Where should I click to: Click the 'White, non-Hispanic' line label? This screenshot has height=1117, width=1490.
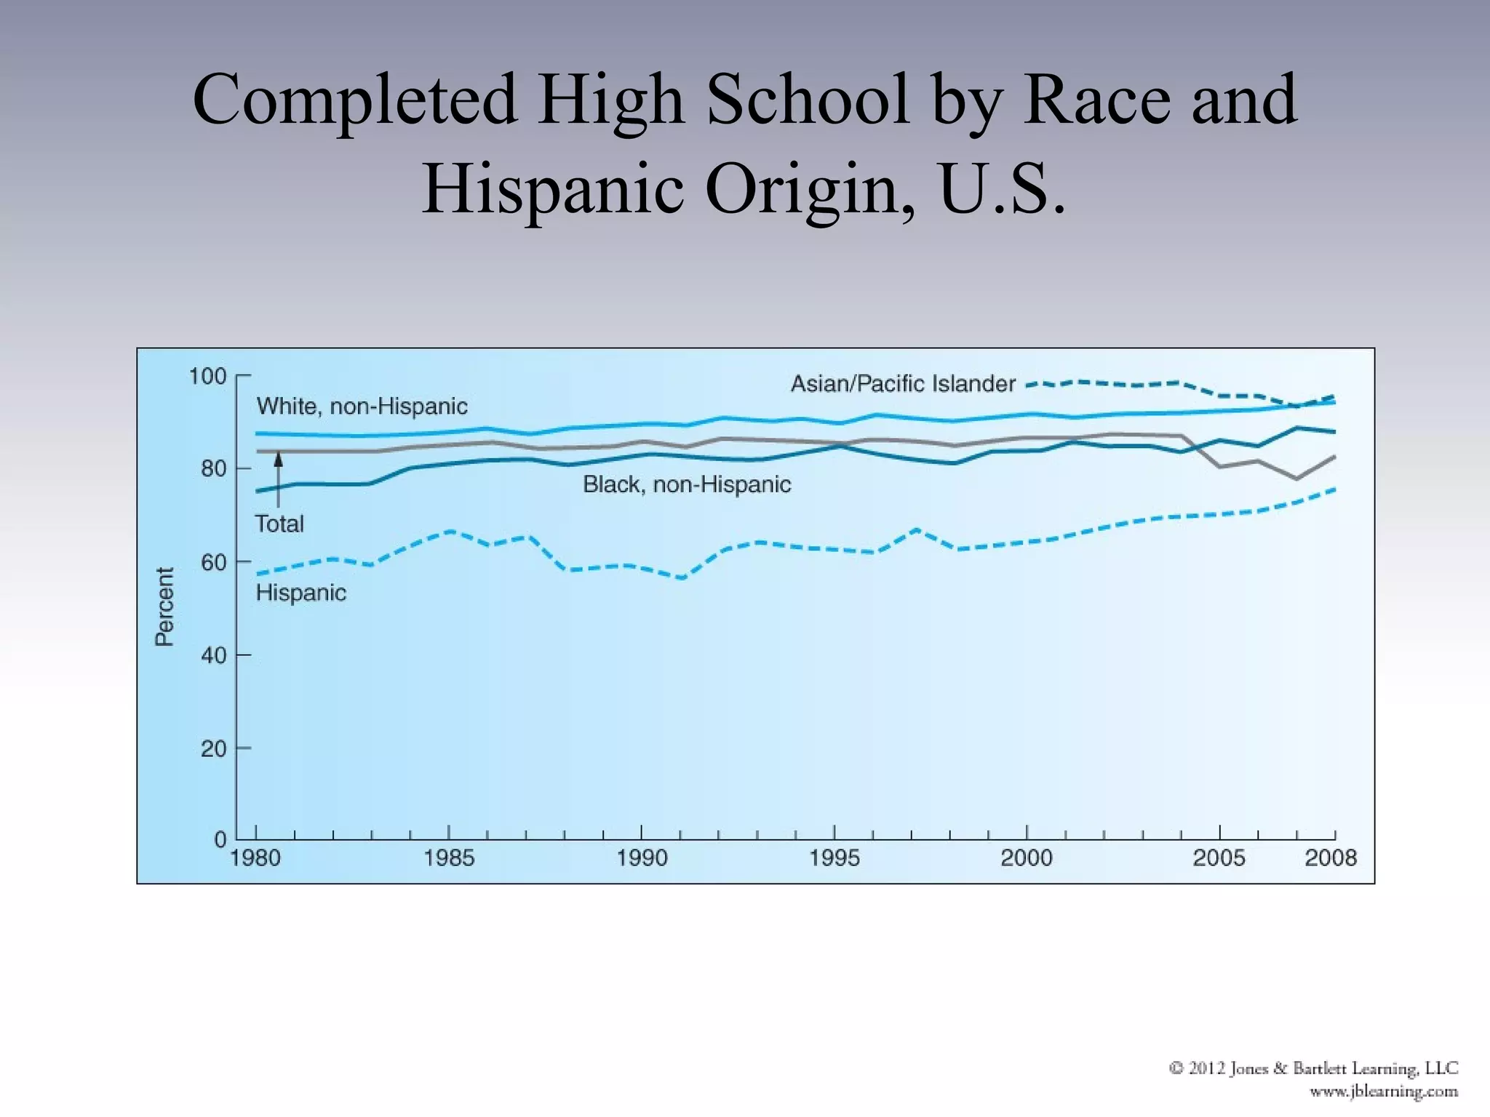pos(362,407)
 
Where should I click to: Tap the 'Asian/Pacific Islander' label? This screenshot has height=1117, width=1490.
pos(902,384)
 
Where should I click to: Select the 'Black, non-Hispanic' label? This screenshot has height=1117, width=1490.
pos(686,484)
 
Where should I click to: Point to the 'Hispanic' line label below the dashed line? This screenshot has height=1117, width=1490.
pos(300,593)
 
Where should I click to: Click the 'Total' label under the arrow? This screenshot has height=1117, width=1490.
pos(279,524)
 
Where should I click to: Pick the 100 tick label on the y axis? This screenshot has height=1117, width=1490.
pos(207,377)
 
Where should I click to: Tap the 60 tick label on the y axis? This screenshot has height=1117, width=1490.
pos(213,562)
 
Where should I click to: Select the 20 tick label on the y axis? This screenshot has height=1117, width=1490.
pos(213,748)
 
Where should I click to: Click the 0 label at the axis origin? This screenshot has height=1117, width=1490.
pos(220,840)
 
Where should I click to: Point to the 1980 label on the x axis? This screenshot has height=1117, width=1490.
pos(255,858)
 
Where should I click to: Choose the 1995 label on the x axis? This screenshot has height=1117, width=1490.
pos(834,858)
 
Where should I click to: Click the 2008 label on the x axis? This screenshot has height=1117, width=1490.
pos(1330,858)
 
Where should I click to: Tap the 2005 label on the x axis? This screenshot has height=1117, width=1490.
pos(1219,858)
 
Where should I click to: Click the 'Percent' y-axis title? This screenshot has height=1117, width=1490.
pos(165,606)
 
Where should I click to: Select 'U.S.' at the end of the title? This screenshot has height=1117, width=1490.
pos(1002,189)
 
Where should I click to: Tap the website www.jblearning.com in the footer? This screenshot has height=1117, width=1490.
pos(1383,1092)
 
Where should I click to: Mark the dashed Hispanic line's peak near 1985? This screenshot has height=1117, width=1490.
pos(450,532)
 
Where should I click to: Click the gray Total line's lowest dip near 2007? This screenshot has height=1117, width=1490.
pos(1296,479)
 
